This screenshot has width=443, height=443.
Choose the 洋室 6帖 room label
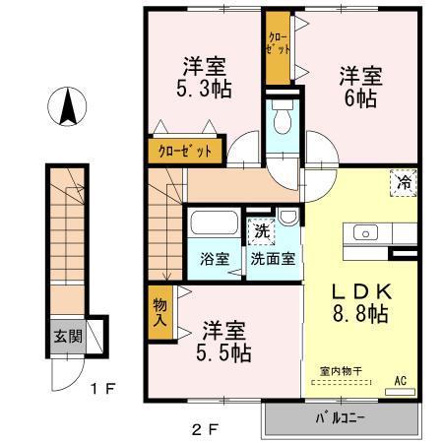pos(359,85)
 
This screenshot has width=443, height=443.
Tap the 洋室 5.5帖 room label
pos(224,339)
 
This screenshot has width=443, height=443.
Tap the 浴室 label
pos(216,262)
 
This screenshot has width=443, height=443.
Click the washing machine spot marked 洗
pos(262,233)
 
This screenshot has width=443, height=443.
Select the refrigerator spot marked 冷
pos(404,181)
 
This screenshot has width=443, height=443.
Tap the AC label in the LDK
pos(401,377)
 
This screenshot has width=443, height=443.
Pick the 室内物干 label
pos(341,370)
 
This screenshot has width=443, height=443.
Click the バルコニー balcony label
pos(340,417)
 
